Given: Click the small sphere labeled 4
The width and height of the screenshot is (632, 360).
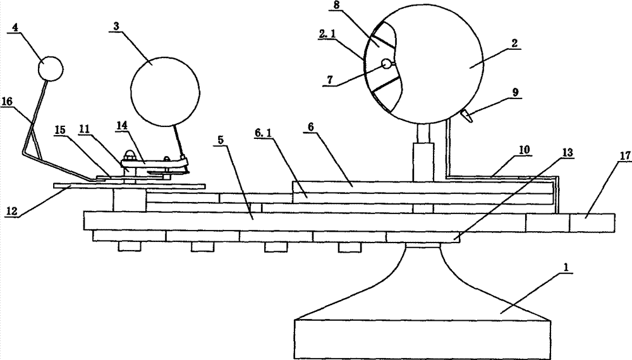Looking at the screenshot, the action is coord(51,69).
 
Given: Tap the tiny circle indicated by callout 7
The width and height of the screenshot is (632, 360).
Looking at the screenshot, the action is coord(386,63).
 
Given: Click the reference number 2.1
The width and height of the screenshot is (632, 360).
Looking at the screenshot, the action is coord(327,35).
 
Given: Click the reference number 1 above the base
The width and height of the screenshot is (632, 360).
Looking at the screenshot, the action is coord(566,267).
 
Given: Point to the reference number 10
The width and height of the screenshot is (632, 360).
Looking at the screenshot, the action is coord(524,150).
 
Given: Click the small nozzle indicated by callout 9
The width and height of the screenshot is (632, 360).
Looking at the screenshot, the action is coord(468,117).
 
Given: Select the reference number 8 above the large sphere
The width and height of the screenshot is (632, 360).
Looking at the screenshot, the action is coord(336,6).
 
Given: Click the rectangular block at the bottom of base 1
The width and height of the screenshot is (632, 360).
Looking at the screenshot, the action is coord(422,339).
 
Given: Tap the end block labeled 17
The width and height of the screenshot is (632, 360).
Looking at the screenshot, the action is coord(592,223).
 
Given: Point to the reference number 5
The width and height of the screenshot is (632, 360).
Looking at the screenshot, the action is coord(221,140).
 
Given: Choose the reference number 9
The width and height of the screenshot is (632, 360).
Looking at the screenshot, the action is coord(516,92).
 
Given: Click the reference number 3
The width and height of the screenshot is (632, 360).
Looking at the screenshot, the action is coord(116,27).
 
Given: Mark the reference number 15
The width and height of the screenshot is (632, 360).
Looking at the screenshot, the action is coord(60,131).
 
